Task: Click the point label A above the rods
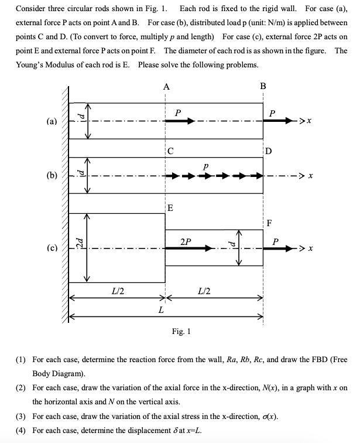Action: click(x=167, y=86)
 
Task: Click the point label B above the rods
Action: click(x=263, y=86)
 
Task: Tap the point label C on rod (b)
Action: click(x=170, y=151)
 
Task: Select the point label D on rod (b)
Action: click(x=268, y=151)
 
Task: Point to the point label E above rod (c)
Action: click(x=170, y=207)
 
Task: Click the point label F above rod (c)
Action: click(x=269, y=222)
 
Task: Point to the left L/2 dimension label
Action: click(x=118, y=289)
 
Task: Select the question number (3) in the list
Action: click(x=20, y=417)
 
